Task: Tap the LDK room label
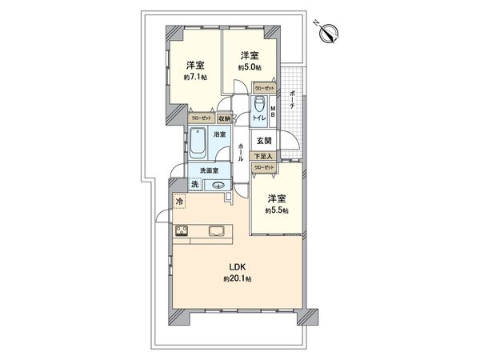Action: click(x=238, y=266)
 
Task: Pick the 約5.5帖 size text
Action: click(x=277, y=210)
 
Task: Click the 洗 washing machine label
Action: click(x=194, y=185)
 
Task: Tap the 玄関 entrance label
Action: click(x=263, y=141)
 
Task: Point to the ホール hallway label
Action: click(x=241, y=151)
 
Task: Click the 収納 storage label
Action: click(x=222, y=118)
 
